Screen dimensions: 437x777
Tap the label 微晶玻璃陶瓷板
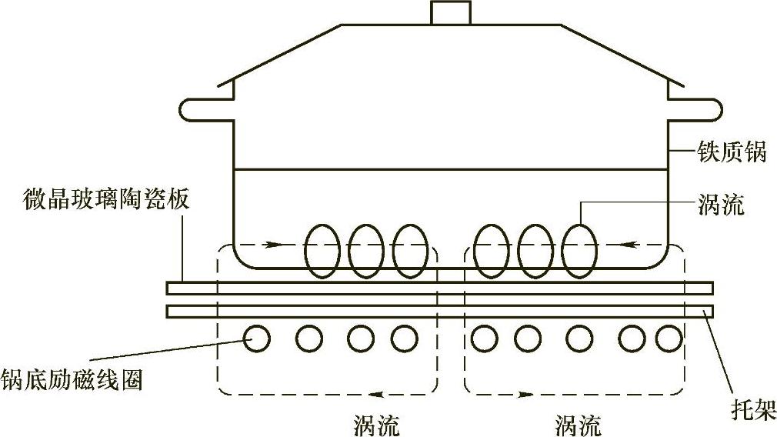coord(106,202)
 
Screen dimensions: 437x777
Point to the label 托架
coord(752,405)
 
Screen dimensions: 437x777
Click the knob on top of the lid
coord(450,13)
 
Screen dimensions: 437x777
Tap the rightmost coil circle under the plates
coord(669,338)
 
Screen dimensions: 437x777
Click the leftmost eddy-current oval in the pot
coord(322,251)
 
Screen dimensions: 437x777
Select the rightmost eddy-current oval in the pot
coord(579,251)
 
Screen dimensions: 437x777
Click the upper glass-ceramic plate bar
coord(439,289)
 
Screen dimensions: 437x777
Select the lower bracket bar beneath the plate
coord(439,311)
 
